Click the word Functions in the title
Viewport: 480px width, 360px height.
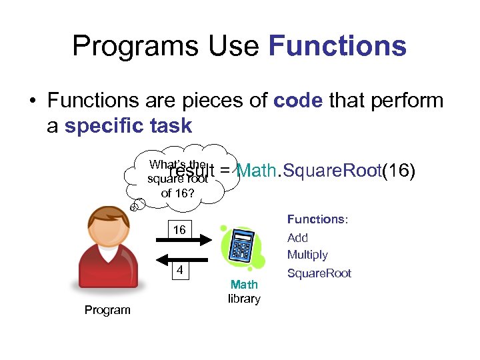[x=337, y=47]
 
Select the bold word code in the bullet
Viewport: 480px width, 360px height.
[x=298, y=101]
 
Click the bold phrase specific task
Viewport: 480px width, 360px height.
[x=128, y=125]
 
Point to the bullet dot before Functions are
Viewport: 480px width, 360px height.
[x=33, y=101]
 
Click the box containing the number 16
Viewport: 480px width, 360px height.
[x=179, y=230]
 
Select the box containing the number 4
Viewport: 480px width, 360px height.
[x=179, y=271]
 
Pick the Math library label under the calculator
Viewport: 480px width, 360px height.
[x=244, y=291]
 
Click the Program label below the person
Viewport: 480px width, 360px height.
[x=107, y=310]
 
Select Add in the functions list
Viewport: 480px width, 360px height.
[x=297, y=238]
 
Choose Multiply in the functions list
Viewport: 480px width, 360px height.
[x=307, y=255]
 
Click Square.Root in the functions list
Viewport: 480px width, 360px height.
[x=319, y=273]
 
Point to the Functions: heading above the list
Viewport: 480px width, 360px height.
[x=317, y=219]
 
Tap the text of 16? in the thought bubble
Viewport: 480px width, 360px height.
[x=177, y=193]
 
